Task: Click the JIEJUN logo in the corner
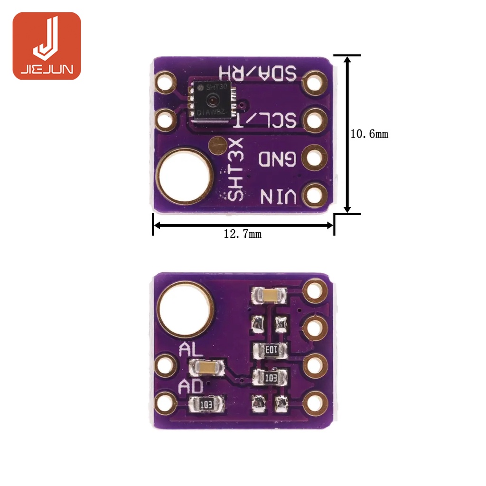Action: [x=47, y=46]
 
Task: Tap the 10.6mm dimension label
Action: [x=369, y=134]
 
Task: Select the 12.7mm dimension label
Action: [x=243, y=234]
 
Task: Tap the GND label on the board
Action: [x=277, y=159]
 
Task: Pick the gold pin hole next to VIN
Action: [x=315, y=195]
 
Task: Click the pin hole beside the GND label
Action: [x=315, y=157]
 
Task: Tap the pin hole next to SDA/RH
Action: [x=315, y=84]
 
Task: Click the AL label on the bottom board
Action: [x=191, y=350]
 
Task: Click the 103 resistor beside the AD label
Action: [x=206, y=405]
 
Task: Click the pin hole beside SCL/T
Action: [x=315, y=119]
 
